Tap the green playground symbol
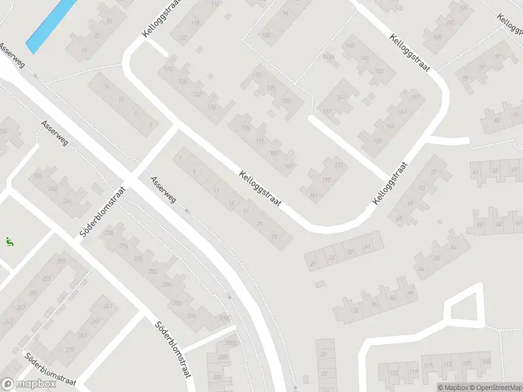coord(10,242)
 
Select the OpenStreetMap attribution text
coord(495,387)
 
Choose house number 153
coord(379,71)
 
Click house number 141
coord(339,98)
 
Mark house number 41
coord(367,246)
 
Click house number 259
coord(61,262)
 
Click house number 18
coord(84,50)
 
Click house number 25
coord(274,237)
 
